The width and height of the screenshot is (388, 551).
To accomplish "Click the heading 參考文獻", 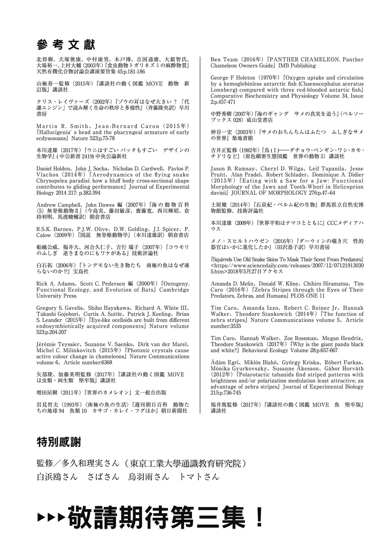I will [x=65, y=44].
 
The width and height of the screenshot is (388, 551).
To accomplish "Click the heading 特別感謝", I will [x=59, y=442].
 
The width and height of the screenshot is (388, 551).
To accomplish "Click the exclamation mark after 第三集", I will [x=259, y=517].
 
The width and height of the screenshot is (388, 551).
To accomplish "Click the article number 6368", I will [x=105, y=362].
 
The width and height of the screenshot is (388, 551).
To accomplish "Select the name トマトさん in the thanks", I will [x=199, y=477].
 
